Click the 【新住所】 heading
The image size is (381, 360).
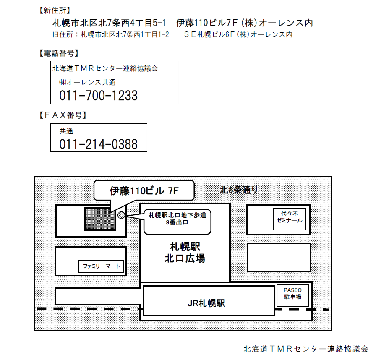pyautogui.click(x=54, y=10)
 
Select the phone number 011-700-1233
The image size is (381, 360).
pyautogui.click(x=99, y=96)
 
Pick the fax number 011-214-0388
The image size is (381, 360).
pyautogui.click(x=99, y=144)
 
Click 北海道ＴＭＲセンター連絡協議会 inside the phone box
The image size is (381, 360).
pyautogui.click(x=105, y=68)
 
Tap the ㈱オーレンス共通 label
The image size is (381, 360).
pyautogui.click(x=87, y=82)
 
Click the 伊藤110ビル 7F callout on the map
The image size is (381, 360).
pyautogui.click(x=144, y=190)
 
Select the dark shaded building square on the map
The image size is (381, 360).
pyautogui.click(x=100, y=219)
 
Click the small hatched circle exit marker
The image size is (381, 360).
pyautogui.click(x=121, y=215)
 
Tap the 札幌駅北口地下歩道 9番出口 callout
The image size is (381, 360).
pyautogui.click(x=177, y=219)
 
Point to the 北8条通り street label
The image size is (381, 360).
pyautogui.click(x=239, y=190)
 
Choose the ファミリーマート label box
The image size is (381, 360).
pyautogui.click(x=102, y=266)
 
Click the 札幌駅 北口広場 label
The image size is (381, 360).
pyautogui.click(x=185, y=252)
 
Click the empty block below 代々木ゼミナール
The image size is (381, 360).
pyautogui.click(x=279, y=257)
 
